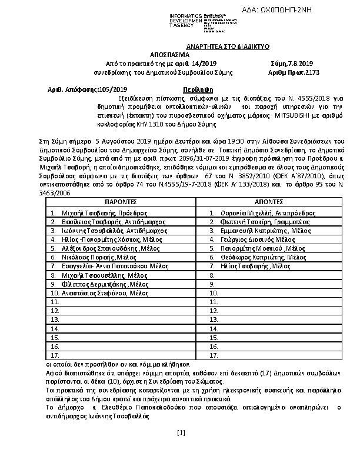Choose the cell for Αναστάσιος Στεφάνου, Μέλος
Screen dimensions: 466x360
click(x=98, y=292)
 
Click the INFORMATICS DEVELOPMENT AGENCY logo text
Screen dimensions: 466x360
click(x=185, y=20)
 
